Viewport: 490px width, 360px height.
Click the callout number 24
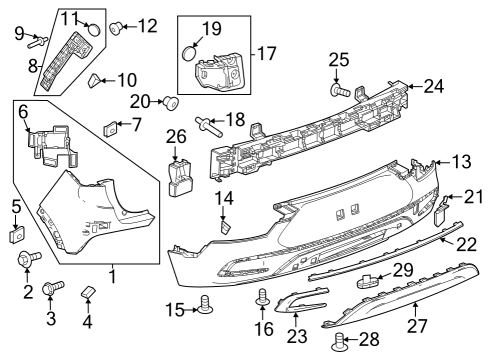433,86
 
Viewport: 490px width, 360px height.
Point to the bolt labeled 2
27,261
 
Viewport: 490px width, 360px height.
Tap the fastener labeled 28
339,342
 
